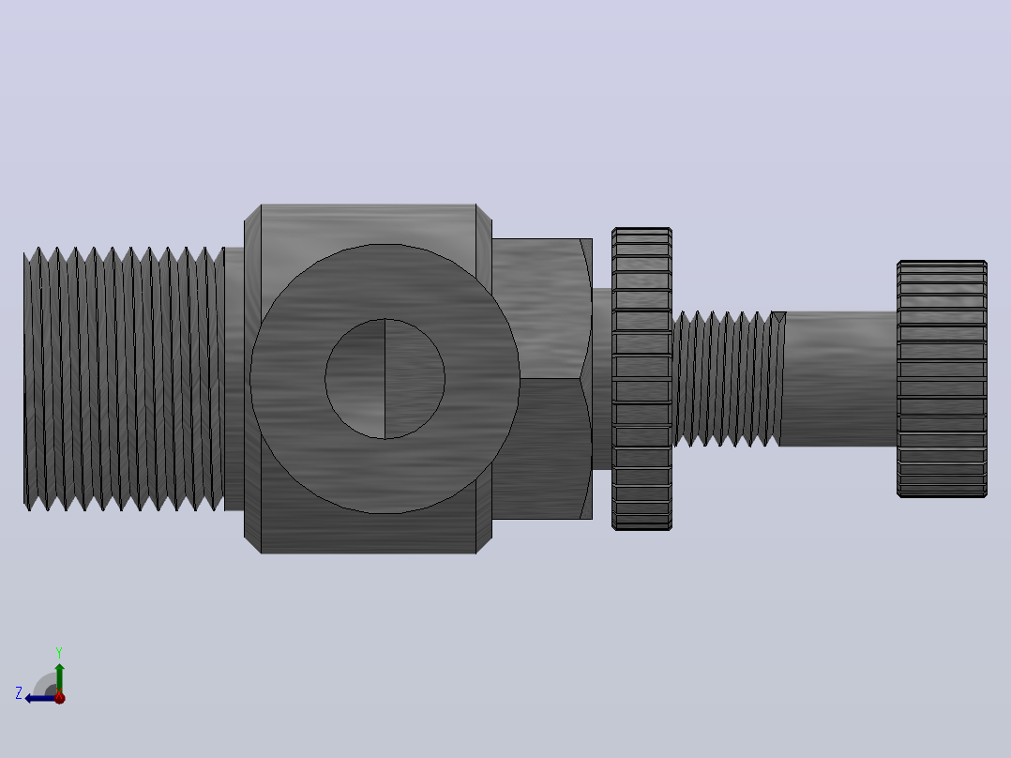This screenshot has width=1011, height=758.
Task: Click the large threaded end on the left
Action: point(124,379)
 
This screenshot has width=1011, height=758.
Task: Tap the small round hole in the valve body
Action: point(385,379)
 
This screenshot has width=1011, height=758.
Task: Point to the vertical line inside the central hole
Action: point(385,379)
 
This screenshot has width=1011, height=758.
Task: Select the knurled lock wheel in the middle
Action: point(641,379)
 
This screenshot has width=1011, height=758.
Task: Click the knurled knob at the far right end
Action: point(942,379)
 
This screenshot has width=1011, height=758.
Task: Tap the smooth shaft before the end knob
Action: point(838,379)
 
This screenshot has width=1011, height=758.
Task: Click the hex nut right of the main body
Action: point(542,379)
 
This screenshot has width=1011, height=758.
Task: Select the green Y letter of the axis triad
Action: point(59,652)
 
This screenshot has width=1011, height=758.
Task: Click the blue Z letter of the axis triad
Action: point(19,693)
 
